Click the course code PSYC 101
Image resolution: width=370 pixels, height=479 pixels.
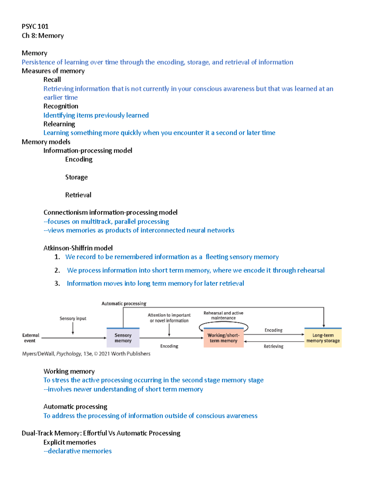[35, 27]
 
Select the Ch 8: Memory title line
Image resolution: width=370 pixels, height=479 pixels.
[43, 36]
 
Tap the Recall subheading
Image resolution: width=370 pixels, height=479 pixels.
[52, 80]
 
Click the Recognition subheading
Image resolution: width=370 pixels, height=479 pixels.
[61, 106]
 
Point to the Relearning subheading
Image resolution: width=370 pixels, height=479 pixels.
[59, 124]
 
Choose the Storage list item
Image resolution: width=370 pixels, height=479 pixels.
[76, 177]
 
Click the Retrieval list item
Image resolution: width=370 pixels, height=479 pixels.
[78, 195]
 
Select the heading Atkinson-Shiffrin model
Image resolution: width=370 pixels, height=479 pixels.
[78, 248]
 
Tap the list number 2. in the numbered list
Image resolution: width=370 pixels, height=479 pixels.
[57, 270]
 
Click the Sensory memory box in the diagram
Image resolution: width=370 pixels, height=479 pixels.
[123, 338]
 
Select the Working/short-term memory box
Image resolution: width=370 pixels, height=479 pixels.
[224, 338]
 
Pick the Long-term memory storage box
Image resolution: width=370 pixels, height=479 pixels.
[323, 338]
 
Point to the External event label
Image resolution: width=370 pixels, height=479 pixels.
[31, 338]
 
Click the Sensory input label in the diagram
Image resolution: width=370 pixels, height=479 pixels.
[73, 318]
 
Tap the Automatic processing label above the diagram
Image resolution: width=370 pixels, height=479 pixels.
[124, 304]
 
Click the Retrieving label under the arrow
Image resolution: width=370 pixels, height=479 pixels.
[273, 346]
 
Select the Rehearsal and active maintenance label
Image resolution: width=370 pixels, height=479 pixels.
[223, 315]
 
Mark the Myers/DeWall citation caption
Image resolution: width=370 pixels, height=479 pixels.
[86, 354]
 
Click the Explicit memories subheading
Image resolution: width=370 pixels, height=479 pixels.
[69, 442]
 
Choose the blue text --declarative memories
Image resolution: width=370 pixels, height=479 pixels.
[77, 451]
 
